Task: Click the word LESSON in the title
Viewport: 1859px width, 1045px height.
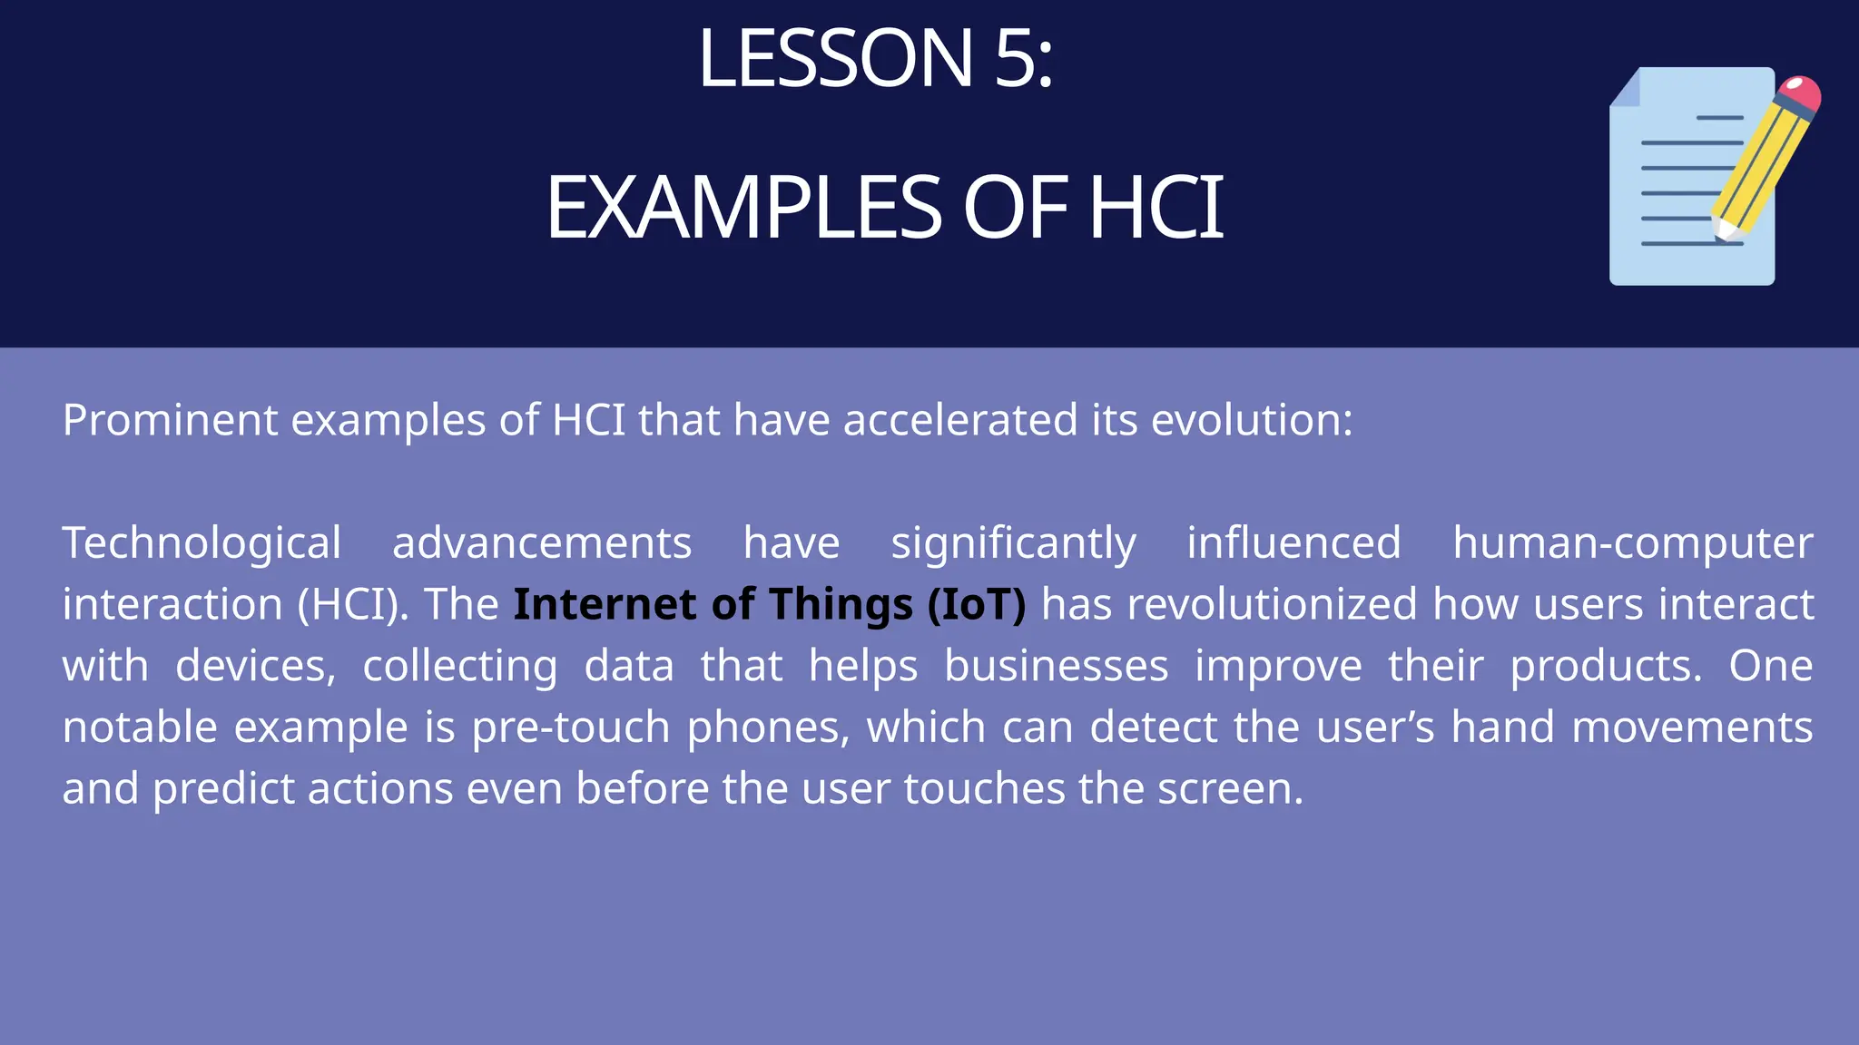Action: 835,60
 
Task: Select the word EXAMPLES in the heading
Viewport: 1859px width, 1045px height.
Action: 744,209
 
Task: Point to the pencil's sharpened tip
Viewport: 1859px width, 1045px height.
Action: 1722,231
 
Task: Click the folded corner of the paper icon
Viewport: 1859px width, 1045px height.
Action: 1626,88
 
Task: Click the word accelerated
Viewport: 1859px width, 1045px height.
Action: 960,420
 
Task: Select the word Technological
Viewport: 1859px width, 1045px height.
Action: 202,544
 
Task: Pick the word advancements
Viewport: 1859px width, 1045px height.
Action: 542,544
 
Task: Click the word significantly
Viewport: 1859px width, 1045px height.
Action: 1013,544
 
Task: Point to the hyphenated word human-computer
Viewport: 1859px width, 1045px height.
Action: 1632,544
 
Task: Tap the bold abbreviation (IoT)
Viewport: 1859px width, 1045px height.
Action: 977,605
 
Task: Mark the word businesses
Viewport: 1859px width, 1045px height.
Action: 1056,667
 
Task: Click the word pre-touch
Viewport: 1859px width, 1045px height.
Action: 571,728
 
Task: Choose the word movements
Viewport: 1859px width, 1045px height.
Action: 1692,728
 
